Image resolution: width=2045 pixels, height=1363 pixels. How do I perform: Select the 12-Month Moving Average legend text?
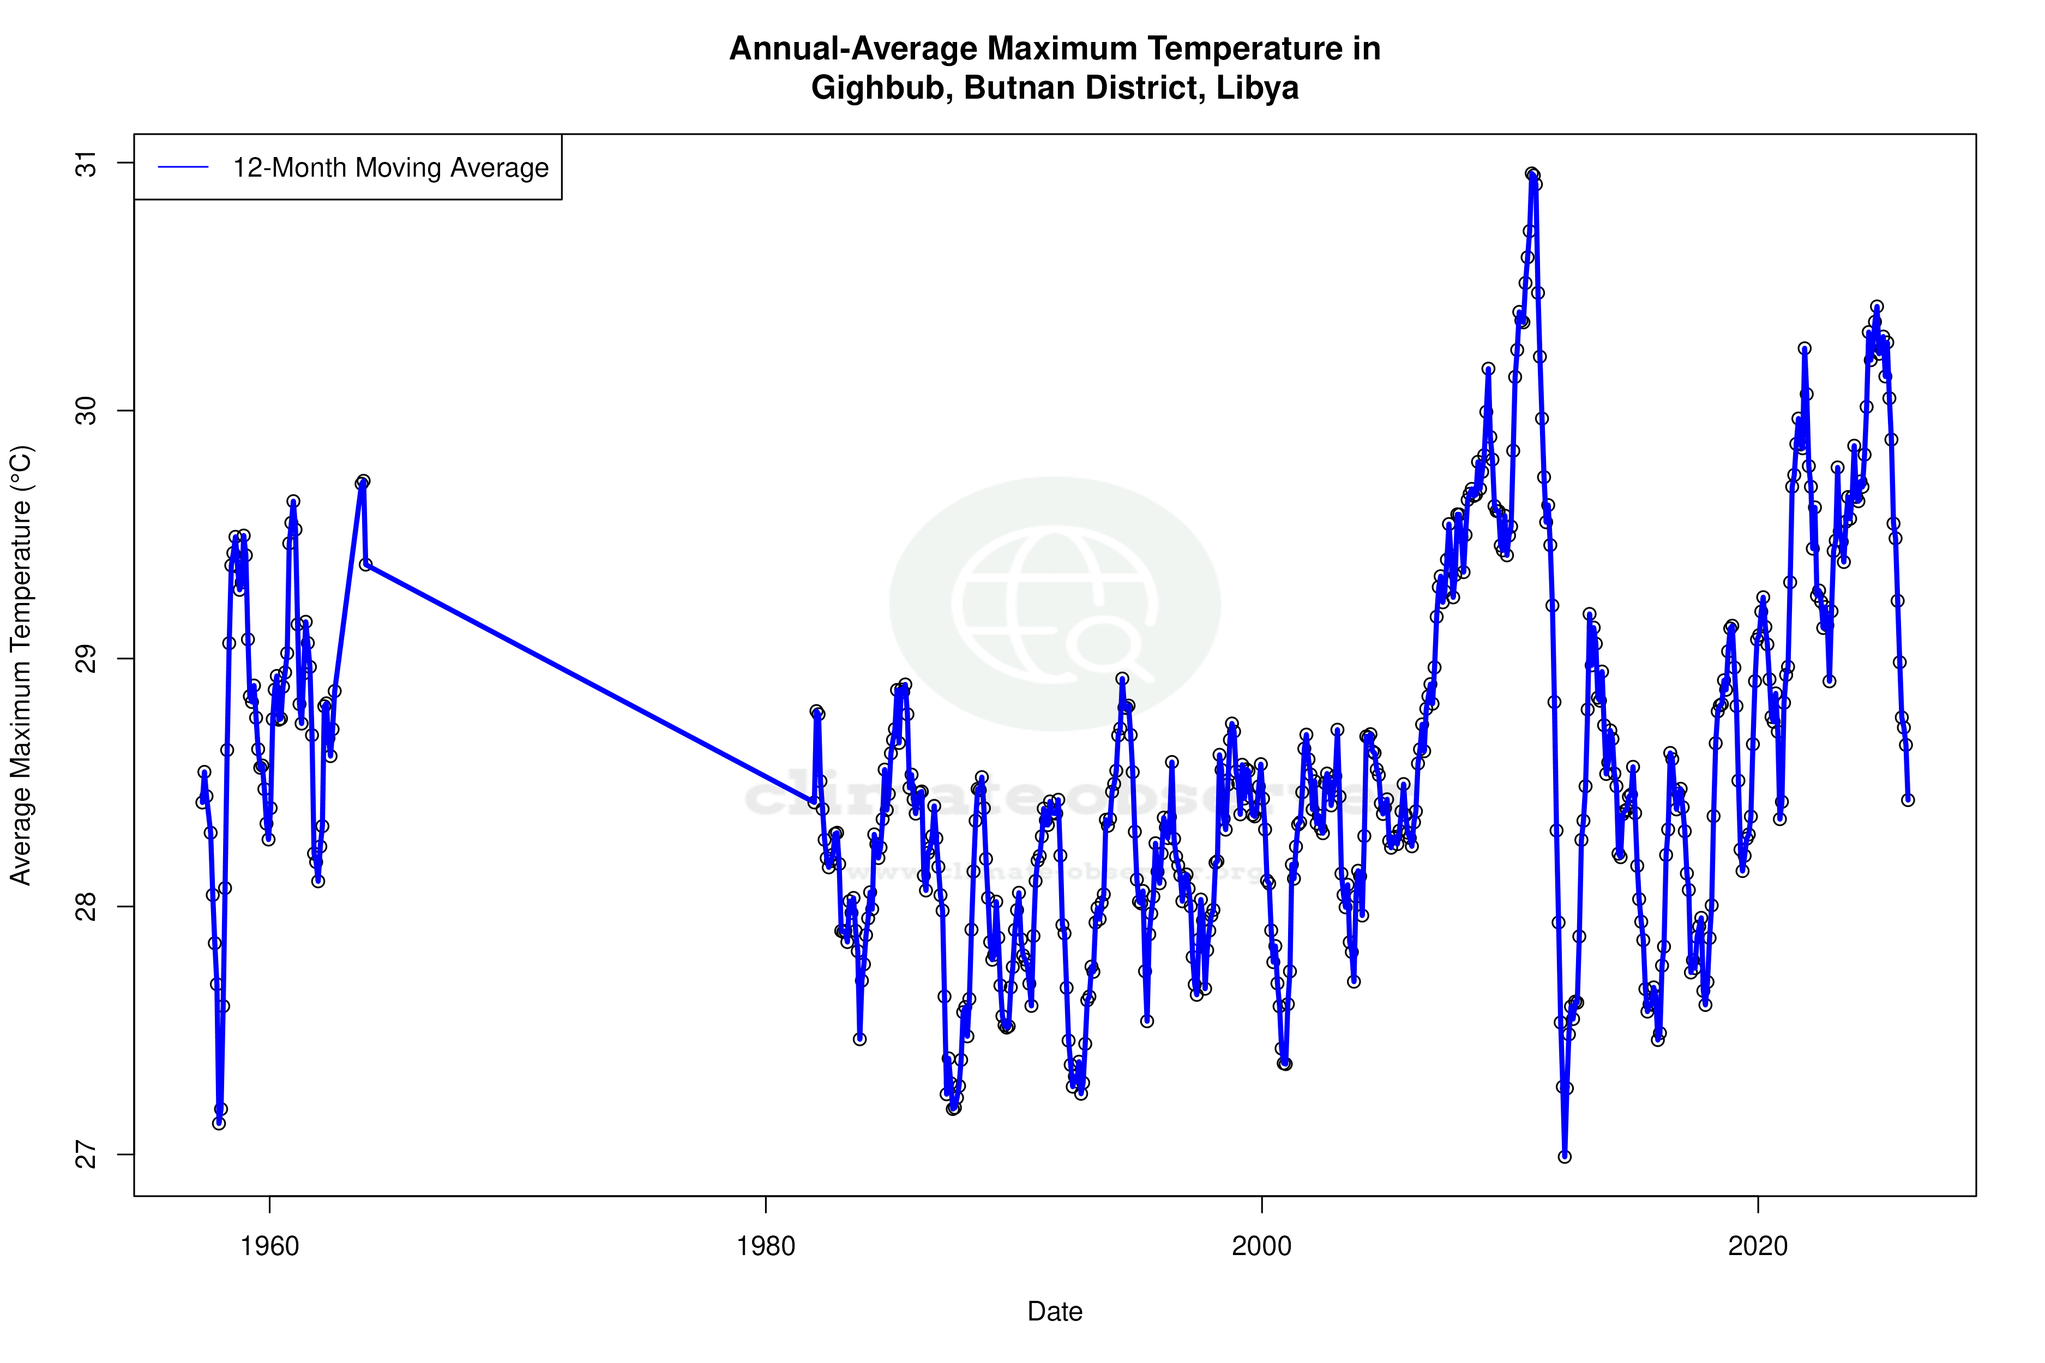coord(390,168)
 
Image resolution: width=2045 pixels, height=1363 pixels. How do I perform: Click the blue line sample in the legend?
coord(183,168)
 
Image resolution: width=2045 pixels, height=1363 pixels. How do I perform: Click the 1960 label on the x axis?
coord(269,1246)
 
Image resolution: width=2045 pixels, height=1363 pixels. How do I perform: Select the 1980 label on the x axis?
coord(766,1246)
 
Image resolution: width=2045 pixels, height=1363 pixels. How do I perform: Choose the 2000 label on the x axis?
coord(1261,1246)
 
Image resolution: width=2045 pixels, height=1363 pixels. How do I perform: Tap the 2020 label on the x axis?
coord(1758,1246)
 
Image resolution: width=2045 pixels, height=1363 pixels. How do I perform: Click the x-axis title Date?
coord(1055,1312)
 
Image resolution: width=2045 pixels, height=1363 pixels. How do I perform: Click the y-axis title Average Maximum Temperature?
coord(21,665)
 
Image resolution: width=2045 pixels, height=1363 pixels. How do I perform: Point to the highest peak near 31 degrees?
coord(1532,174)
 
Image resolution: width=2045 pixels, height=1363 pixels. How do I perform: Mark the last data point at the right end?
coord(1908,800)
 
